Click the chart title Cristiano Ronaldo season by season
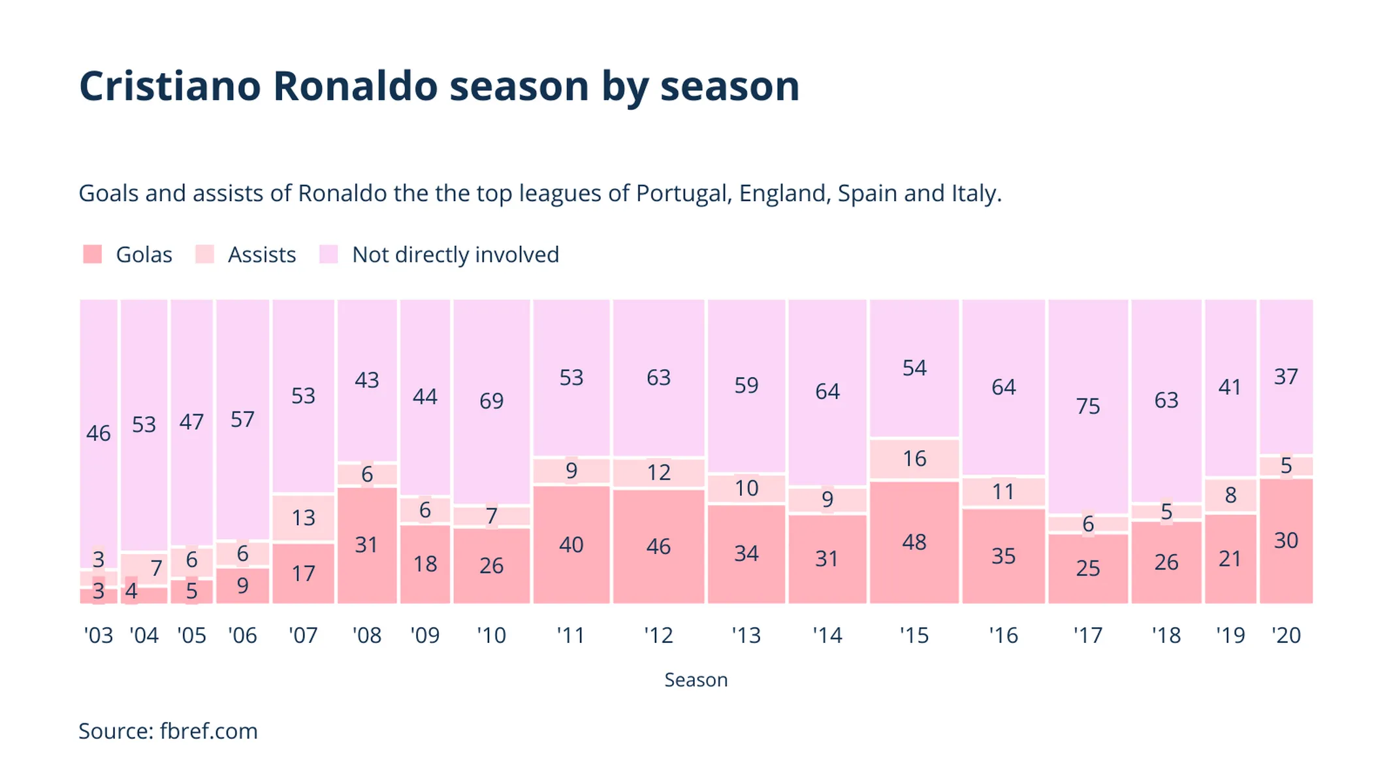pos(439,86)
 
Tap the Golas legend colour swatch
pos(93,254)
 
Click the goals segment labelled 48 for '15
pos(914,542)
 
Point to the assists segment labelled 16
pos(914,459)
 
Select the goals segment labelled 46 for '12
pos(658,546)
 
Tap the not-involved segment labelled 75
pos(1088,406)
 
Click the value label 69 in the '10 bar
pos(491,400)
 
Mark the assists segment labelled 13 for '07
pos(303,518)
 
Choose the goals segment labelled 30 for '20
pos(1286,540)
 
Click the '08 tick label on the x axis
pos(366,635)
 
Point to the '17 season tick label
pos(1088,635)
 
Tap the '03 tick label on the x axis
pos(99,635)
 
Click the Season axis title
pos(696,680)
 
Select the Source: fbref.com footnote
pos(168,731)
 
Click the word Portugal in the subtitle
pos(683,193)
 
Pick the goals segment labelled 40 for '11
pos(571,545)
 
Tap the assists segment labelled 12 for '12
pos(658,472)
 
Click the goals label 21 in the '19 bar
pos(1230,559)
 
